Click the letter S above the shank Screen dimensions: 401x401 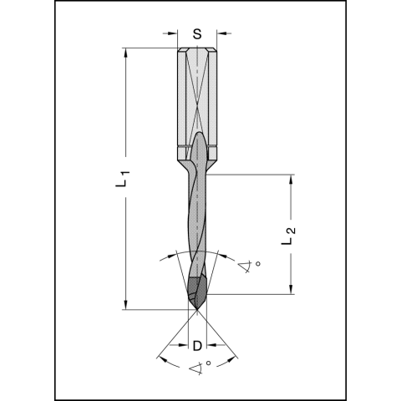point(197,34)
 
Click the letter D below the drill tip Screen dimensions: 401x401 point(197,345)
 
